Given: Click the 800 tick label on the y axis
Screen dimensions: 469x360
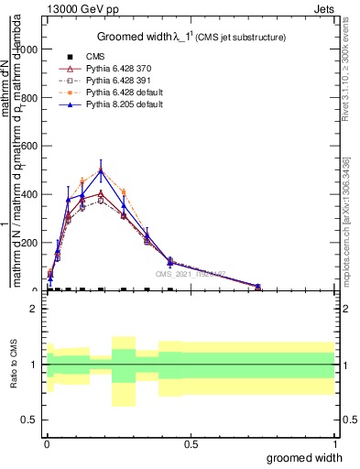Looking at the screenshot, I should click(x=32, y=98).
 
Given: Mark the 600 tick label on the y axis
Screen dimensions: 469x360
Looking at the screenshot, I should click(x=32, y=147).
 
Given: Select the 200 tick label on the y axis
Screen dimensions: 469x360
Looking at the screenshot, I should click(x=32, y=243).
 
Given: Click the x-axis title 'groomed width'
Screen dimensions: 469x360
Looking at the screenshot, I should click(x=305, y=456).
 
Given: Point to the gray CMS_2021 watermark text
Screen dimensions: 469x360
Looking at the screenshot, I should click(x=190, y=274).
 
